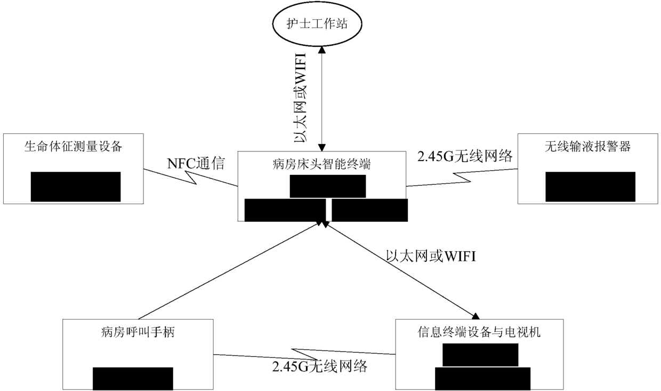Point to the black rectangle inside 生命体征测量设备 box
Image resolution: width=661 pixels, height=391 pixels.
[x=76, y=187]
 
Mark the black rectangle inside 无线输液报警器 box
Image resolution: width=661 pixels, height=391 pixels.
[x=590, y=187]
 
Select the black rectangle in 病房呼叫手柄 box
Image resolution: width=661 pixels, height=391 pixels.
[x=133, y=379]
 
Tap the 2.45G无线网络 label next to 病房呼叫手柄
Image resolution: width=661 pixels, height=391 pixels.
[x=319, y=367]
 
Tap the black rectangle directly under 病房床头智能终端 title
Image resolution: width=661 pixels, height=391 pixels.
[x=328, y=186]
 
